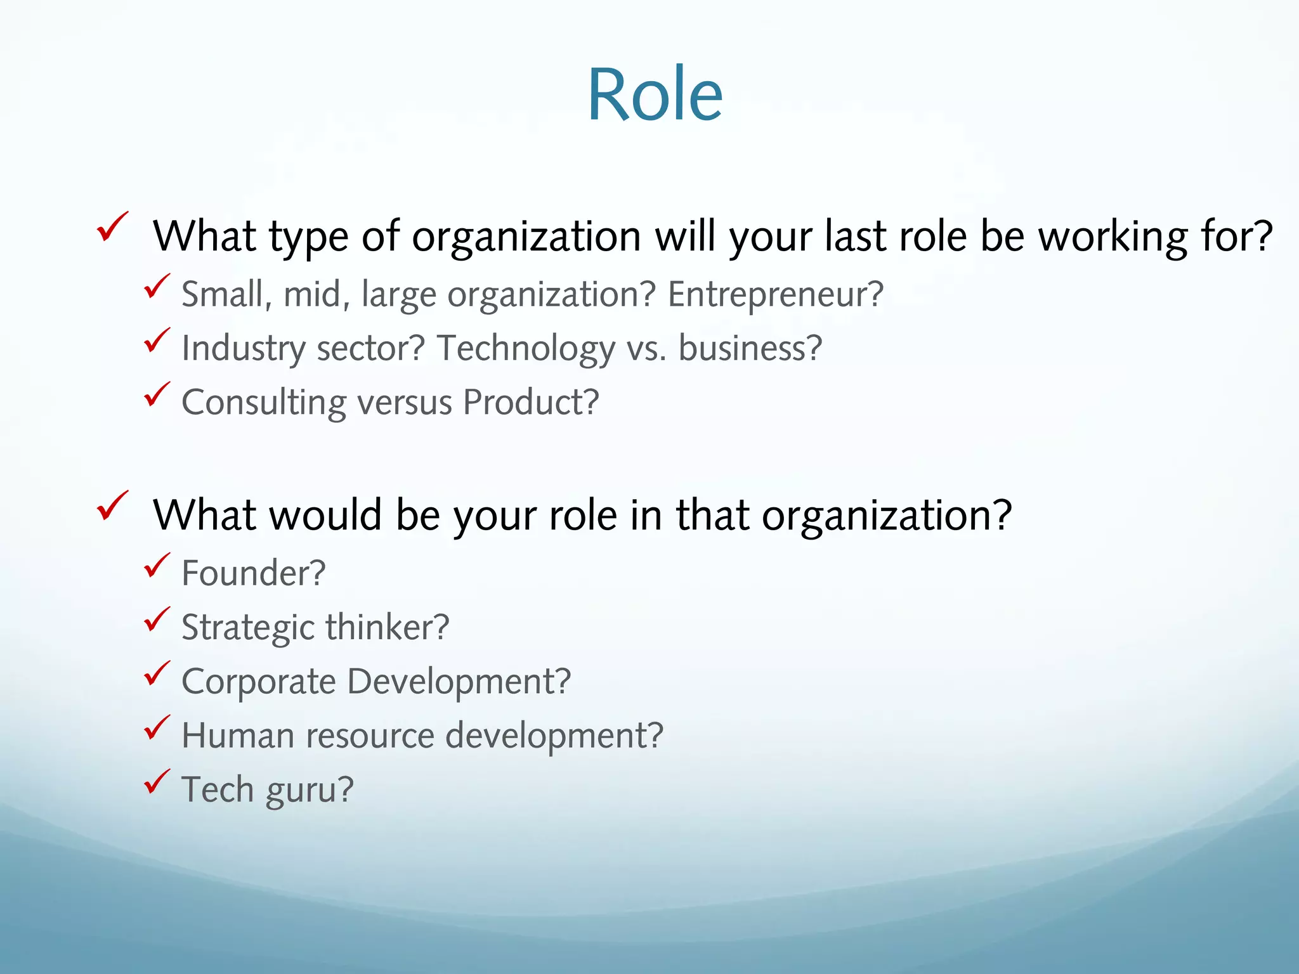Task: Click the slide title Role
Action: (655, 94)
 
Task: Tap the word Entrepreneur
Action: (774, 295)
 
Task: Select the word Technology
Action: (526, 349)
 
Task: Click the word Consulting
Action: (264, 403)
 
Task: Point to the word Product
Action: (530, 403)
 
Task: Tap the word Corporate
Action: (259, 682)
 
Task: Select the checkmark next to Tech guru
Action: (157, 781)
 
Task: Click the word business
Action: (750, 349)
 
